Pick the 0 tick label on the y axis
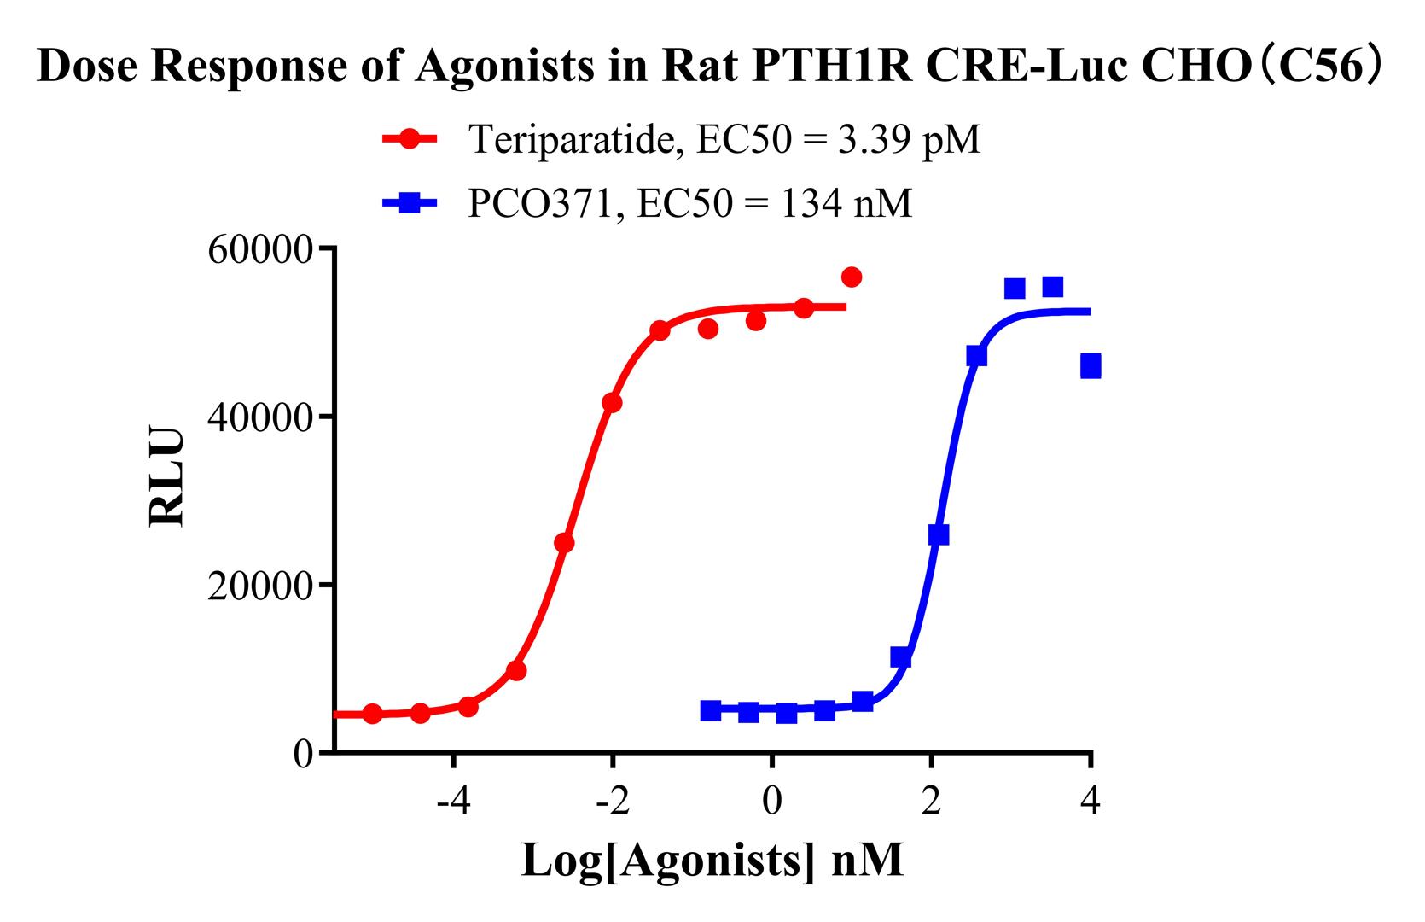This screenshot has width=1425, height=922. pyautogui.click(x=304, y=754)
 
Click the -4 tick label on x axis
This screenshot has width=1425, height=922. pyautogui.click(x=453, y=802)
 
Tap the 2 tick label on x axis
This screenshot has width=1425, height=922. pyautogui.click(x=931, y=802)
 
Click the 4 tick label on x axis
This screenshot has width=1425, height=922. pyautogui.click(x=1090, y=802)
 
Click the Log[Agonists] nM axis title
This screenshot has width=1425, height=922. pyautogui.click(x=712, y=861)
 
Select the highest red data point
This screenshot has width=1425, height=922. pyautogui.click(x=851, y=277)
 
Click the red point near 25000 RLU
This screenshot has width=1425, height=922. pyautogui.click(x=564, y=542)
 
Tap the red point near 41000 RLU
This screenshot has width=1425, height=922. pyautogui.click(x=612, y=402)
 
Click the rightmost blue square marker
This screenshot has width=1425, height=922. pyautogui.click(x=1090, y=367)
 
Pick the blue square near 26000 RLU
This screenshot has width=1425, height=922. pyautogui.click(x=939, y=534)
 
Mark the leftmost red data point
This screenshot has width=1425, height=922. pyautogui.click(x=373, y=713)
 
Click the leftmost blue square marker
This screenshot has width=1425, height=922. pyautogui.click(x=710, y=710)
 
